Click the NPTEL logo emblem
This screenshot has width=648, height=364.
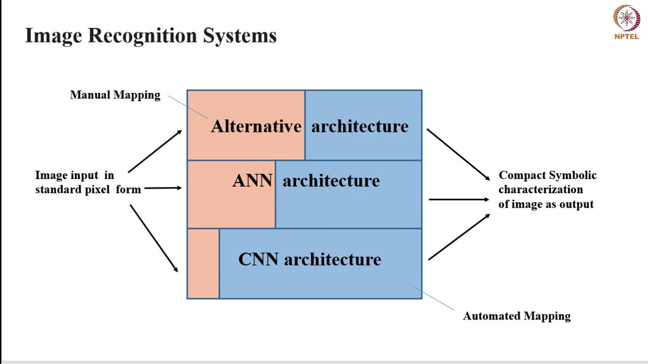coord(626,18)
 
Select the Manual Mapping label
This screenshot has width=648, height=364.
coord(115,95)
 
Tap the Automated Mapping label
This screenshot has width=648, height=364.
coord(516,316)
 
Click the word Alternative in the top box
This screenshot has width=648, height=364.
coord(256,126)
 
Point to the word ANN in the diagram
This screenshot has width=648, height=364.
coord(252,181)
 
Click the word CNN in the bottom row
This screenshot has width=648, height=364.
coord(258,259)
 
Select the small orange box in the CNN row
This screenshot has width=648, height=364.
coord(203,263)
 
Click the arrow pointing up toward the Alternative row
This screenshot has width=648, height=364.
coord(154,151)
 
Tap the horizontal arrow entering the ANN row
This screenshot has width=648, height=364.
coord(163,188)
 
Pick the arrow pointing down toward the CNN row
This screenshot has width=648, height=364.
coord(154,238)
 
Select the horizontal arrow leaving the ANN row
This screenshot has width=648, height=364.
coord(459,200)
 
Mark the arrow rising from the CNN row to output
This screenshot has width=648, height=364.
coord(459,237)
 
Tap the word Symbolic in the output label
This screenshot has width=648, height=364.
coord(571,175)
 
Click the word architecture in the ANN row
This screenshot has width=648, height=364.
coord(331,181)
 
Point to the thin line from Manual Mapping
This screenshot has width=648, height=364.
coord(188,107)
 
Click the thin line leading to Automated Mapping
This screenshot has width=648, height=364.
coord(434,298)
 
